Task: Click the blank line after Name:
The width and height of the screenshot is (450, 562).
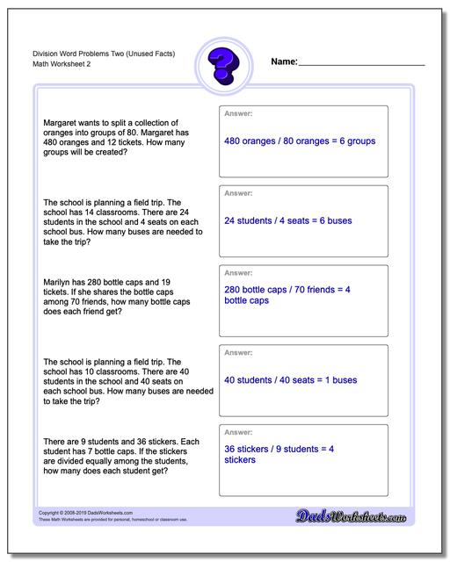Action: click(361, 64)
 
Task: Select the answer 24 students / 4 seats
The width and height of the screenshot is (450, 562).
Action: click(287, 220)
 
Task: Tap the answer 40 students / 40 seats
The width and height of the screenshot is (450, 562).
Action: click(290, 380)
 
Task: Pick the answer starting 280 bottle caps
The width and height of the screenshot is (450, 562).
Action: click(287, 294)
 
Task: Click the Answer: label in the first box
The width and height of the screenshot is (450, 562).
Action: click(239, 114)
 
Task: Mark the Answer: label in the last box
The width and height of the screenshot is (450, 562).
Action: click(239, 433)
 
